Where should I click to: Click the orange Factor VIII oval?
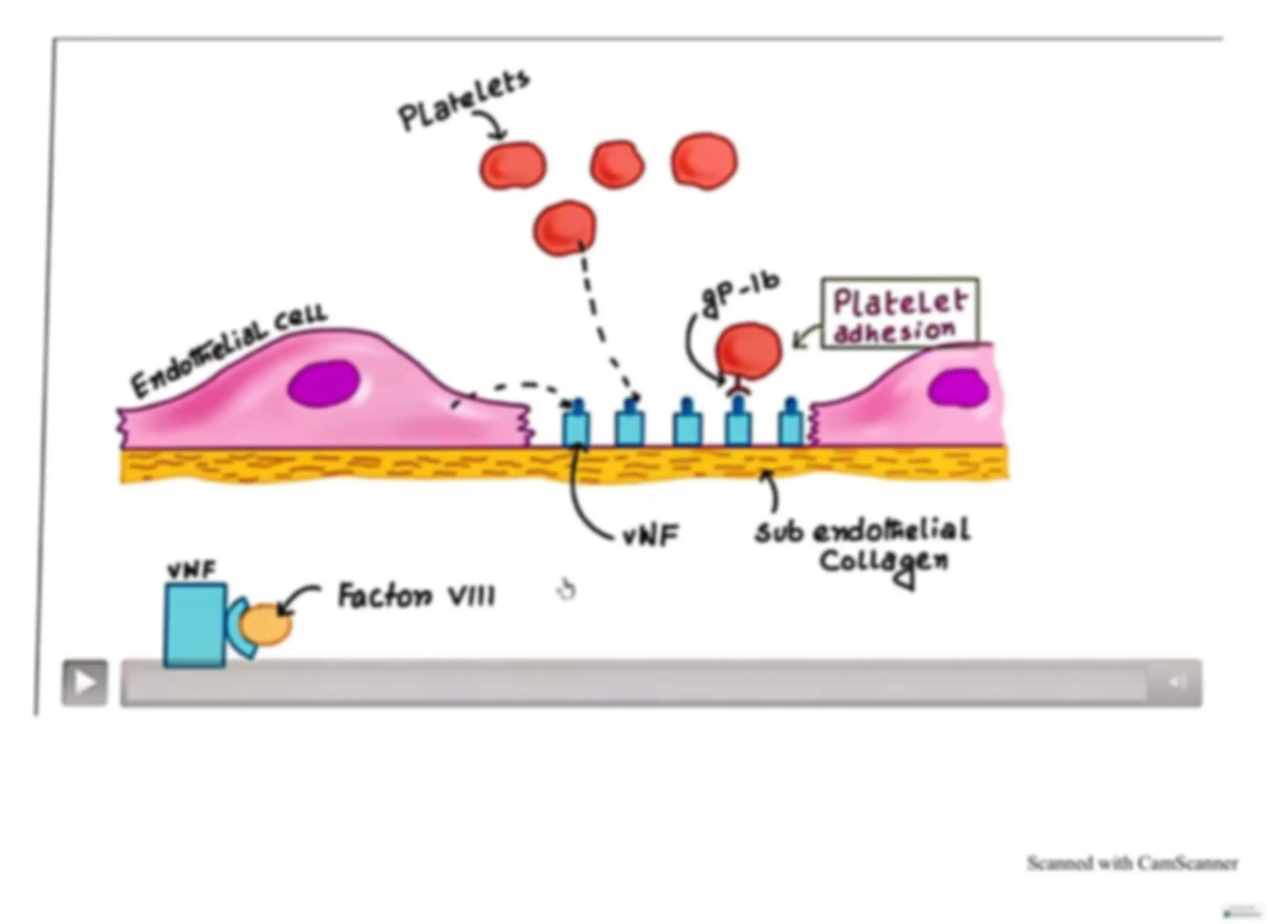click(x=265, y=624)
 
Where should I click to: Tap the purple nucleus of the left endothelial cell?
click(x=324, y=383)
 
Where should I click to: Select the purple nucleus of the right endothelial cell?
click(x=958, y=387)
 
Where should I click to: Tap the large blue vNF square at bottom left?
click(x=195, y=625)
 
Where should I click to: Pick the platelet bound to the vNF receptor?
click(x=748, y=351)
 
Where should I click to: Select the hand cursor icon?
click(x=566, y=590)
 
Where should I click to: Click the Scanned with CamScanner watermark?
click(x=1132, y=863)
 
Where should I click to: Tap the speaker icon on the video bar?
click(x=1177, y=681)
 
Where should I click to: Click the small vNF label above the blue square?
click(x=191, y=570)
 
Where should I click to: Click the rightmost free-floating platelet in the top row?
click(x=704, y=161)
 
